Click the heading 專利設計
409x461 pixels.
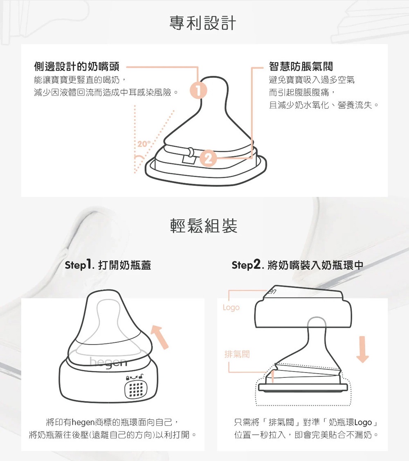click(203, 23)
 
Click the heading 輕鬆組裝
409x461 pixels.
click(203, 225)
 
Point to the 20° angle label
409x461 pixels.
click(144, 144)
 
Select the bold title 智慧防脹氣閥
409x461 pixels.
click(301, 66)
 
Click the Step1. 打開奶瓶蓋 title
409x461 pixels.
click(108, 265)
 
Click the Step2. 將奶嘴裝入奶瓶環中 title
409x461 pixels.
click(297, 265)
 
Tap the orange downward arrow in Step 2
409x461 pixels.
click(362, 349)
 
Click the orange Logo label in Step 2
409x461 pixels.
click(231, 307)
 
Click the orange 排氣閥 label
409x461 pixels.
click(237, 354)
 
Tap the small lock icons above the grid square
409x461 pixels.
click(135, 376)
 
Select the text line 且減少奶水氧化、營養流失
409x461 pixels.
click(324, 105)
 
